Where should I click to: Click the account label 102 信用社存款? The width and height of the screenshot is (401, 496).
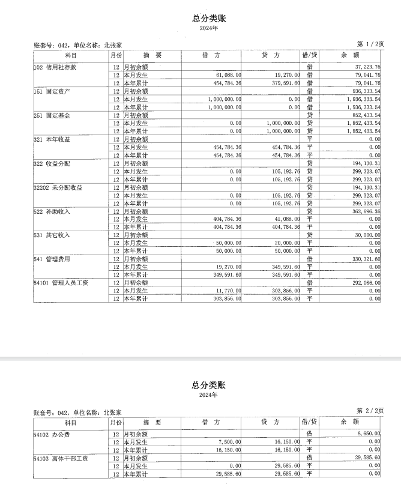(x=55, y=67)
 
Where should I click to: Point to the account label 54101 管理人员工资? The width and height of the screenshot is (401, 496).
(x=61, y=283)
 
